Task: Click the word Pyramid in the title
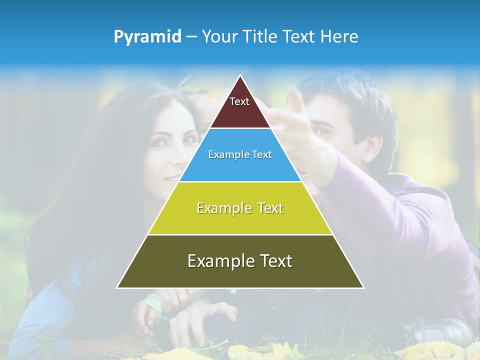point(147,37)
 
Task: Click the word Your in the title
point(218,37)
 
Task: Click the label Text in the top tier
point(239,101)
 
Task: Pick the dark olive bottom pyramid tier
point(240,275)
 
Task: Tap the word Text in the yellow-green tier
point(267,208)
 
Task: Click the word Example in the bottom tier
point(213,261)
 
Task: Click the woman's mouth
point(171,179)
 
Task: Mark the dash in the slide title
point(191,37)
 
